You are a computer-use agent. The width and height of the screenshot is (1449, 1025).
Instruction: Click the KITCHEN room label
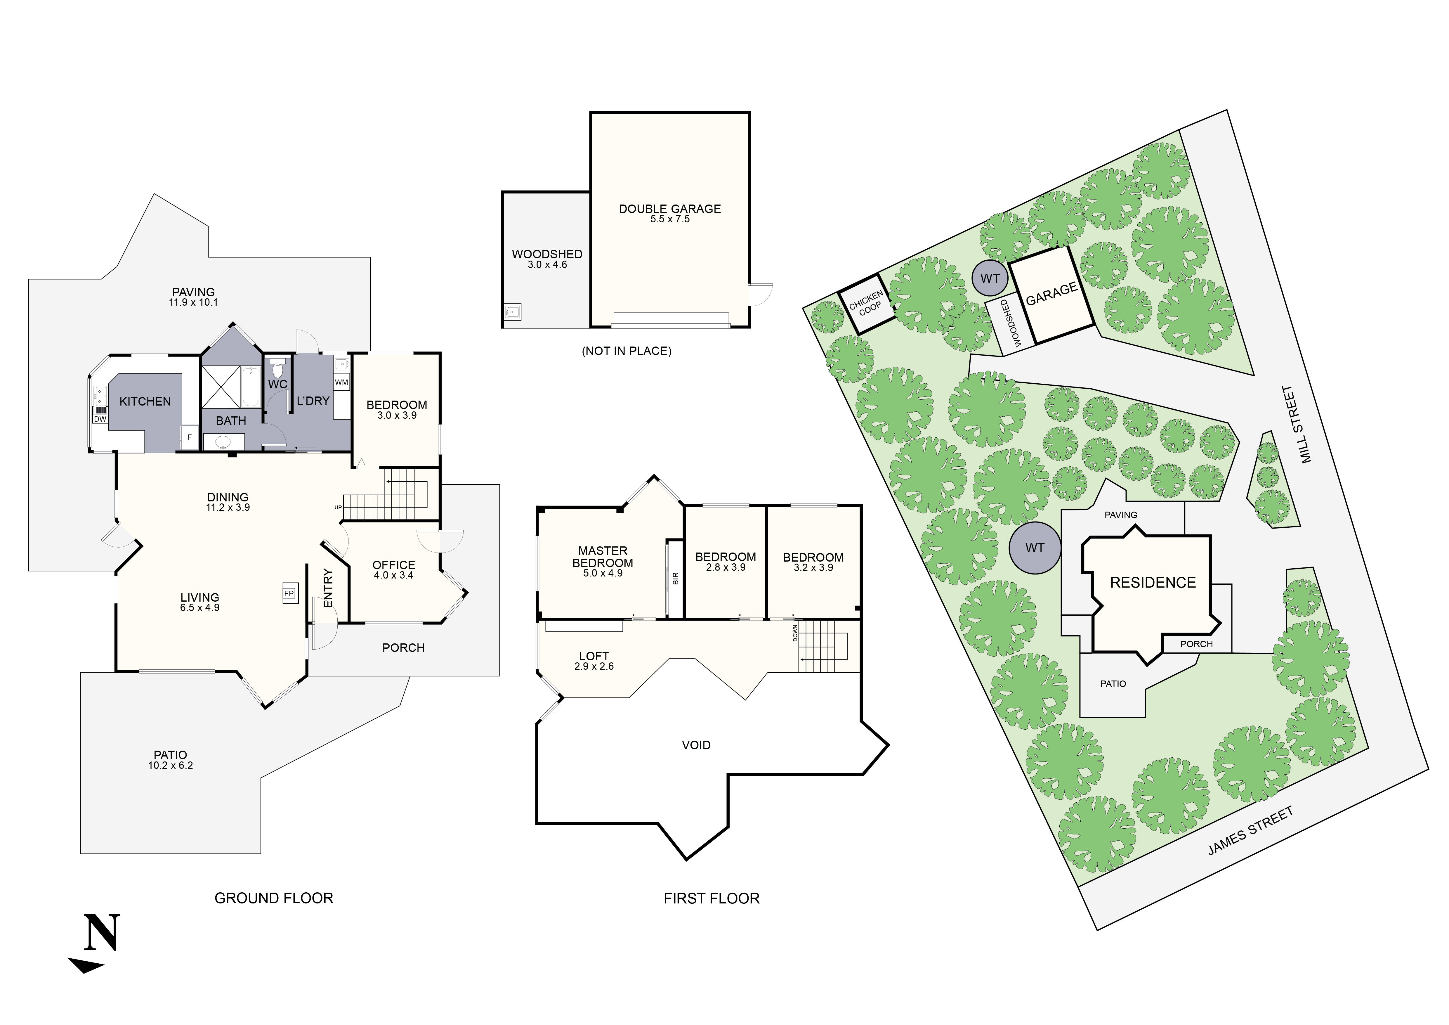(145, 401)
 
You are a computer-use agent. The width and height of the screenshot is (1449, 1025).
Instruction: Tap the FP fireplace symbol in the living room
(289, 593)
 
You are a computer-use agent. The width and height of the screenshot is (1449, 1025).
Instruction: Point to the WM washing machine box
(341, 382)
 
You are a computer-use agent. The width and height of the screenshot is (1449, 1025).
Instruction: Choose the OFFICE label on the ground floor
(394, 565)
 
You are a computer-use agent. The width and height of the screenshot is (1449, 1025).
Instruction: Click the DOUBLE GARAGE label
(670, 209)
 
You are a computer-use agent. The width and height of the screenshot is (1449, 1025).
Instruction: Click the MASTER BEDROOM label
(603, 557)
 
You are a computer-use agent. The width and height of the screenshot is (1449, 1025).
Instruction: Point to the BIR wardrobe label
(675, 578)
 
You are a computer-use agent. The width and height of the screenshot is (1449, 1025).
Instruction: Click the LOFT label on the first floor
(594, 657)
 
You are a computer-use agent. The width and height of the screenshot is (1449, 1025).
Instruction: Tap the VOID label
(696, 745)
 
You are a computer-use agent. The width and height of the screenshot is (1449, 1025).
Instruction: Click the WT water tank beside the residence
(1034, 548)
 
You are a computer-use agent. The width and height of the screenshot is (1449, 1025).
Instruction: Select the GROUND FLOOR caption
(274, 898)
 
